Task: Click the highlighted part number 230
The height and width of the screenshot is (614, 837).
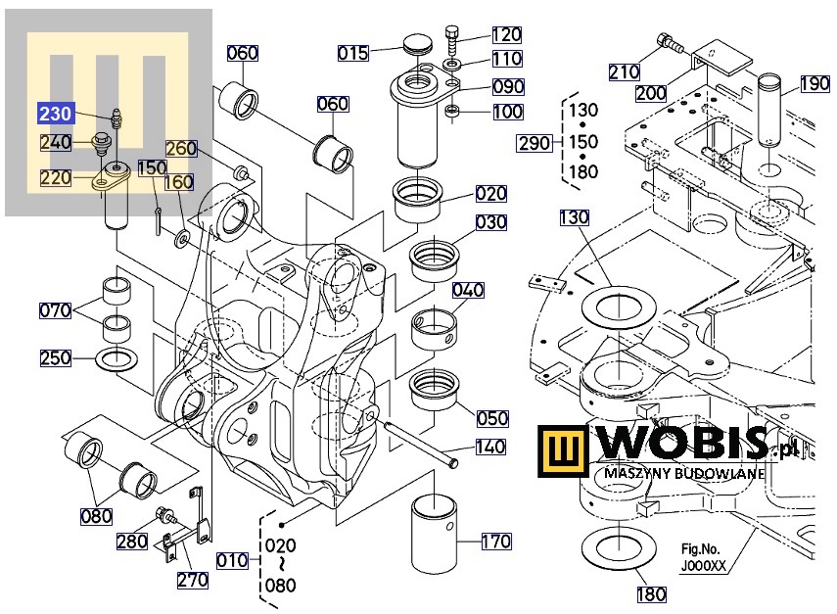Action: click(x=54, y=114)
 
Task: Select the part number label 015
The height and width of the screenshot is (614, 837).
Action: click(x=353, y=53)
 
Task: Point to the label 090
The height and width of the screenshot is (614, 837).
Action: click(x=508, y=86)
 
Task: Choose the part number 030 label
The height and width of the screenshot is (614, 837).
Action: click(x=491, y=222)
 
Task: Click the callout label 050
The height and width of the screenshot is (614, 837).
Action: click(x=492, y=418)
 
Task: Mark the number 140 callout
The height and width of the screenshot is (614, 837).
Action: click(x=490, y=448)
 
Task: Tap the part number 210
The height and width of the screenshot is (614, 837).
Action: click(x=624, y=71)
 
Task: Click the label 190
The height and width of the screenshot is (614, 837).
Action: click(x=814, y=83)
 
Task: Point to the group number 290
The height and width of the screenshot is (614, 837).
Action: click(x=535, y=144)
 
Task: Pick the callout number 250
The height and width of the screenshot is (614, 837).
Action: click(x=56, y=357)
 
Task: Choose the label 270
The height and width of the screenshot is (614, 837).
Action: click(x=193, y=580)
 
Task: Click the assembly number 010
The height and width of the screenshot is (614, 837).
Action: click(x=232, y=560)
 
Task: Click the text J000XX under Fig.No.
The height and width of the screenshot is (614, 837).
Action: click(x=703, y=565)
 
